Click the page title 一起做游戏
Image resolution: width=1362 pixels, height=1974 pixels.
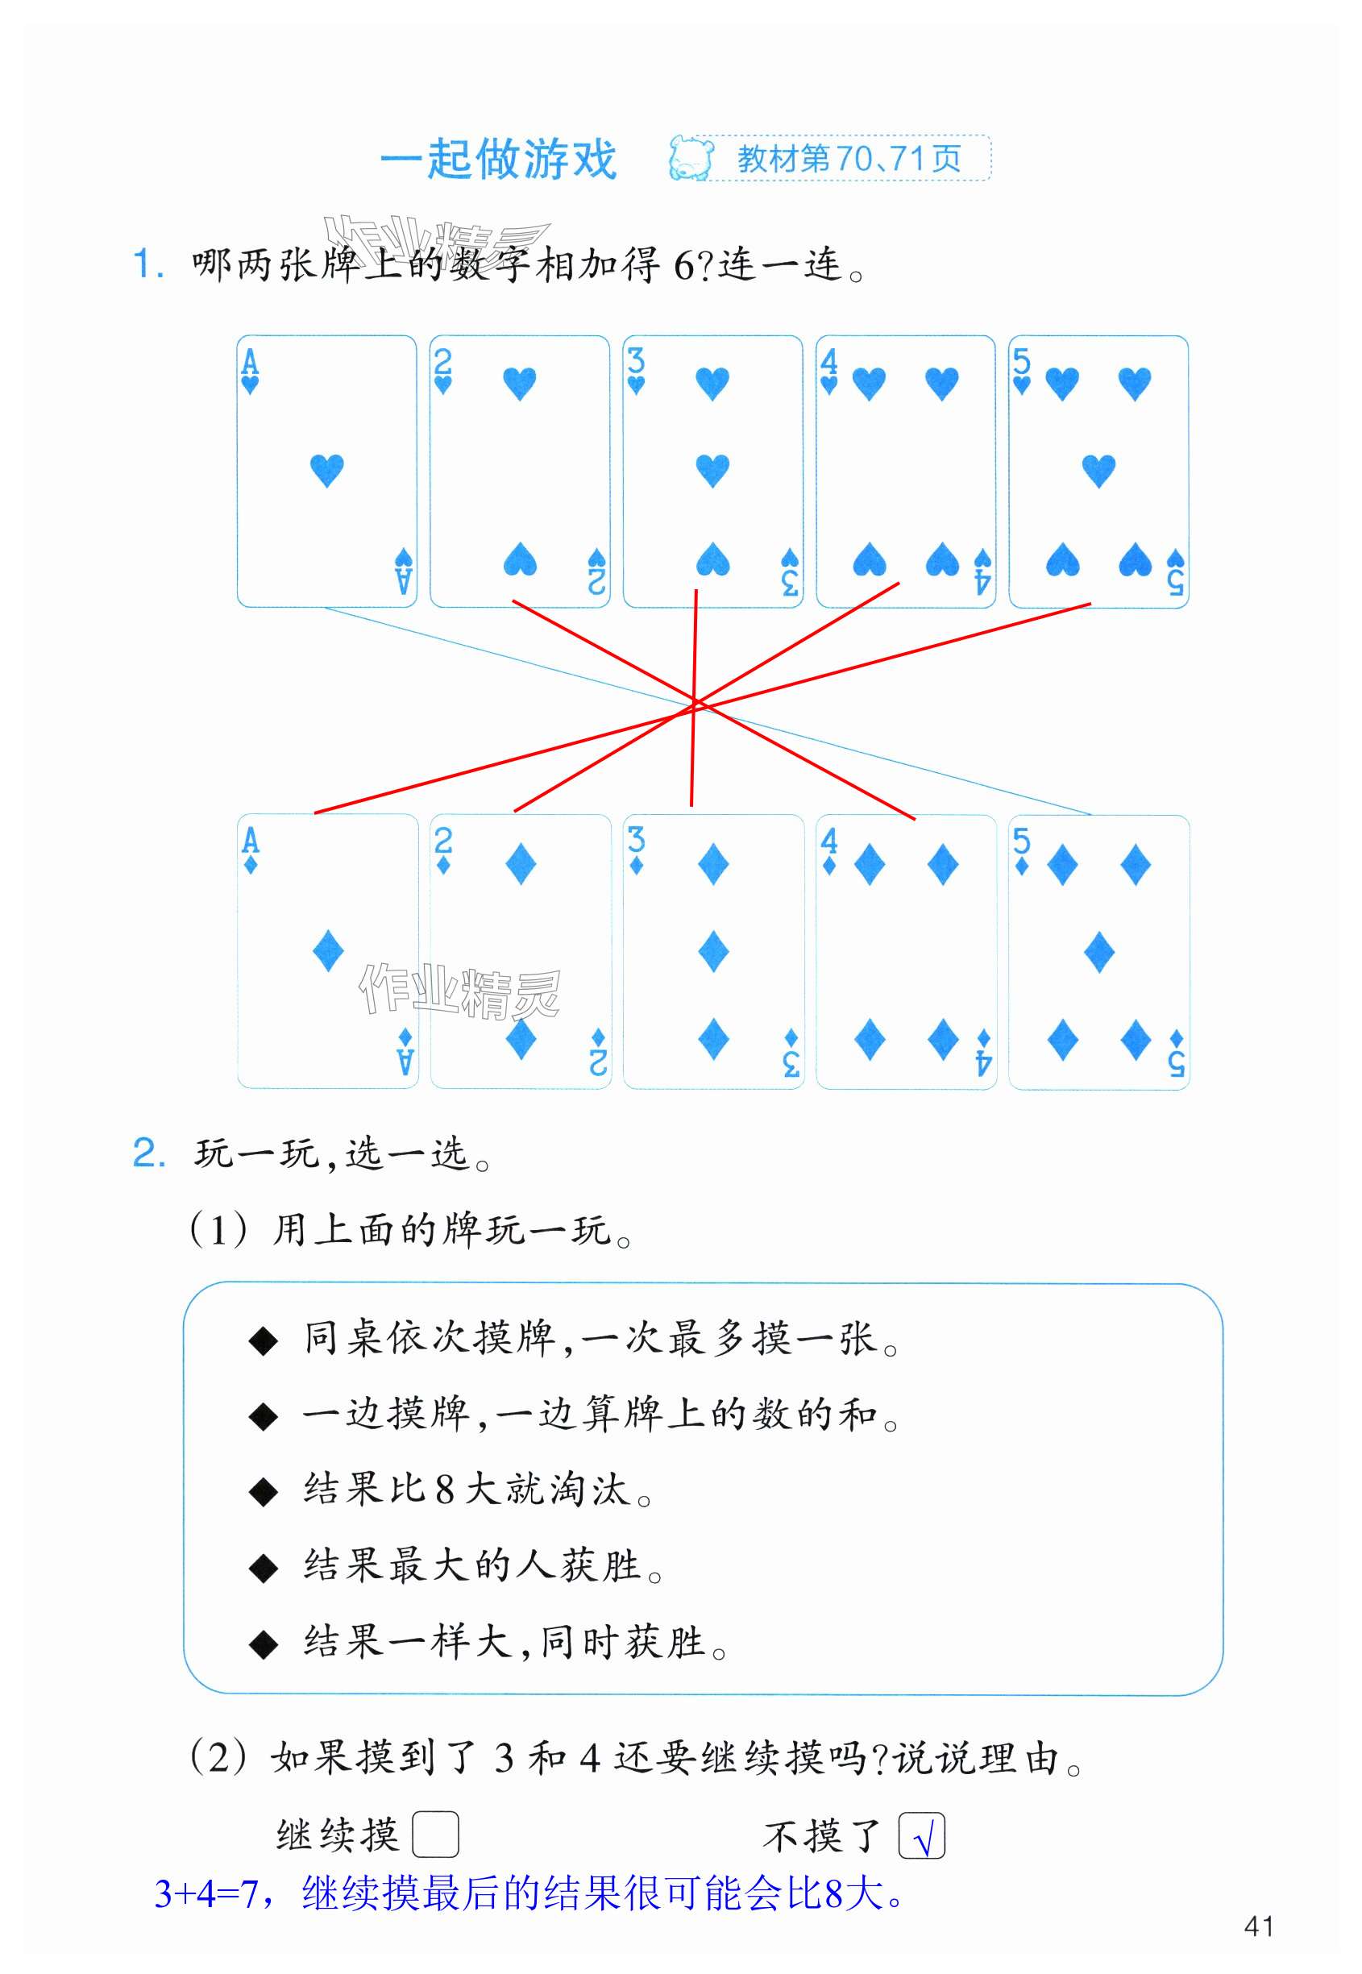pyautogui.click(x=497, y=159)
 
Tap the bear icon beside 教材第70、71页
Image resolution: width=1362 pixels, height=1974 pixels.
pyautogui.click(x=691, y=158)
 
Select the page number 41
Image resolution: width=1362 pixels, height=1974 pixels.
pyautogui.click(x=1259, y=1926)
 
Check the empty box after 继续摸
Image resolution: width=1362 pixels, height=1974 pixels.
pyautogui.click(x=435, y=1835)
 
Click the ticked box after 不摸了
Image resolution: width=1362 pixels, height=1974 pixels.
pyautogui.click(x=922, y=1835)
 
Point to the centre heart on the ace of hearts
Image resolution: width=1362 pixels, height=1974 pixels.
pyautogui.click(x=327, y=470)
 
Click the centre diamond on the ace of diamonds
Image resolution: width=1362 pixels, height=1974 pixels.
pyautogui.click(x=329, y=952)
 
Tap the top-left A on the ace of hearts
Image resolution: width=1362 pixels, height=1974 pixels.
pyautogui.click(x=249, y=363)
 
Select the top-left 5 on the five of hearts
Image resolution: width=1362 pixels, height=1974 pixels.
pyautogui.click(x=1022, y=362)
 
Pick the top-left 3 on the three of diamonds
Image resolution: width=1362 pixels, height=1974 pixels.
pyautogui.click(x=636, y=841)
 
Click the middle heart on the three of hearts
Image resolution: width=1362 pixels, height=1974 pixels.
pyautogui.click(x=712, y=470)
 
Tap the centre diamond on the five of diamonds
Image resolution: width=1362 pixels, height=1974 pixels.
pyautogui.click(x=1099, y=953)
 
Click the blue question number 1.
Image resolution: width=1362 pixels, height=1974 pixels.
pyautogui.click(x=147, y=264)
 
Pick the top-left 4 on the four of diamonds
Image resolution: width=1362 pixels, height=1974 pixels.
pyautogui.click(x=828, y=841)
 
